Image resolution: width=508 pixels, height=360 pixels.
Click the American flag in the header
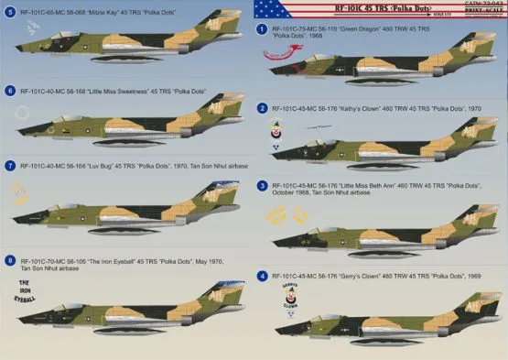(x=273, y=10)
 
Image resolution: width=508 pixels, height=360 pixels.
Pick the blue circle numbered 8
(x=9, y=262)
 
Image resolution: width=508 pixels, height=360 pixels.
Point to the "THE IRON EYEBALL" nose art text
(x=26, y=290)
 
